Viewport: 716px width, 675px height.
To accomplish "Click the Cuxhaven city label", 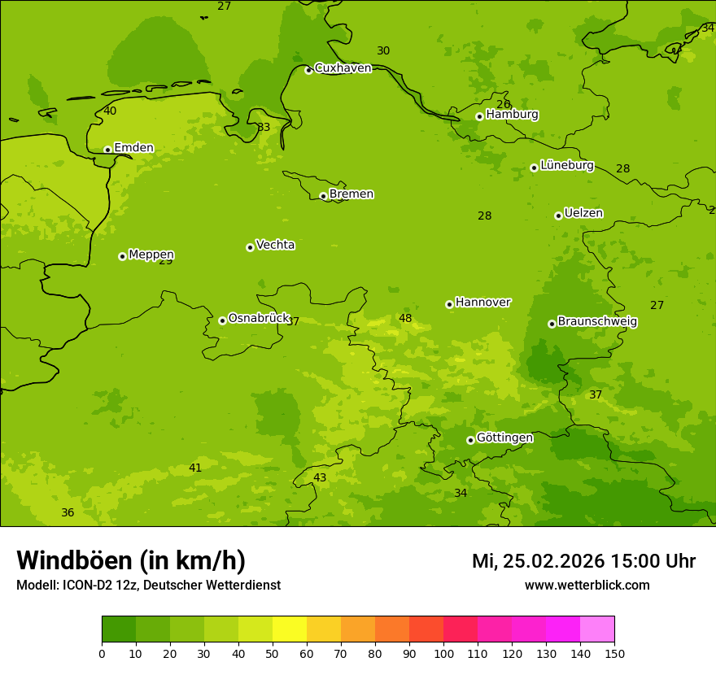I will click(343, 67).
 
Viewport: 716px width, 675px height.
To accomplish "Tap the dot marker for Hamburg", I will click(479, 116).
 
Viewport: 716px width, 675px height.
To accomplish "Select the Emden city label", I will click(133, 147).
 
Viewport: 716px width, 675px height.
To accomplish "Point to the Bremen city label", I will click(351, 194).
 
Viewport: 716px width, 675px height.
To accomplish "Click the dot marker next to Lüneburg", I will click(534, 168).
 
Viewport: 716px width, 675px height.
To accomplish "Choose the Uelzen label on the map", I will click(583, 213).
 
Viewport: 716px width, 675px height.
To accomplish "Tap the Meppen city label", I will click(151, 255).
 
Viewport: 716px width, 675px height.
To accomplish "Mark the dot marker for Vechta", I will click(250, 247).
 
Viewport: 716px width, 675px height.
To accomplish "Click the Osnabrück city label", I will click(259, 318).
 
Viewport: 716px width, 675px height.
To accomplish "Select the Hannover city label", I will click(482, 302).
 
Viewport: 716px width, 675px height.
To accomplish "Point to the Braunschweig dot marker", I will click(552, 324).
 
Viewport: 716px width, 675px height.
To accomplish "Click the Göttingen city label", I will click(504, 438).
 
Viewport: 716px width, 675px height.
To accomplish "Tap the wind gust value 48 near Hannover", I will click(405, 318).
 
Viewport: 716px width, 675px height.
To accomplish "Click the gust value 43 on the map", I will click(320, 477).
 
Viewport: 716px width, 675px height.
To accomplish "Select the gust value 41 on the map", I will click(195, 468).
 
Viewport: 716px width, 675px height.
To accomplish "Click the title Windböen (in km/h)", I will click(131, 560).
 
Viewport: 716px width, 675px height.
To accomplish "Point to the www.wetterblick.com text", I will click(587, 585).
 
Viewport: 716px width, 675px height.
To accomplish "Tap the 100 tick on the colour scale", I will click(443, 652).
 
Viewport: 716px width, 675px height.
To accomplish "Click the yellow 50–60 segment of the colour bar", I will click(290, 629).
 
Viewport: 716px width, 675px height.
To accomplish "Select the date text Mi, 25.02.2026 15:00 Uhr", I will click(583, 561).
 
